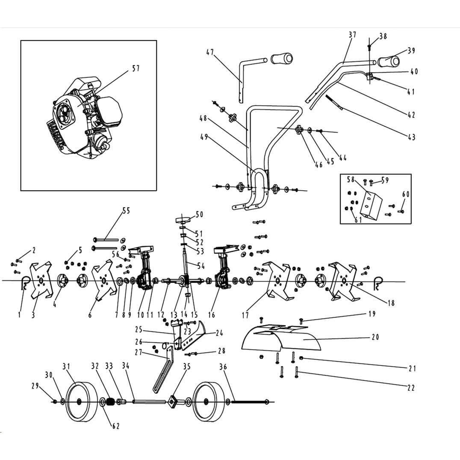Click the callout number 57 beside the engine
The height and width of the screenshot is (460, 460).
click(x=136, y=68)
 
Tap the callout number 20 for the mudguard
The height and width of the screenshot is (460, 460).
click(x=375, y=337)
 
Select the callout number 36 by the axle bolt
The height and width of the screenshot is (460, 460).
click(x=223, y=367)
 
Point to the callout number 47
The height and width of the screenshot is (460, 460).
click(x=210, y=53)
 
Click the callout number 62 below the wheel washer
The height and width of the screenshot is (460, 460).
click(x=116, y=426)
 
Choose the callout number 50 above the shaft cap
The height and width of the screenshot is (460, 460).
click(x=199, y=215)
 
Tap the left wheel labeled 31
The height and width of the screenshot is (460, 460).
click(x=80, y=402)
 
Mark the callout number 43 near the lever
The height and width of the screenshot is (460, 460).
click(x=411, y=137)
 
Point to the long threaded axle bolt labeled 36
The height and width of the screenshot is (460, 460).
click(x=248, y=402)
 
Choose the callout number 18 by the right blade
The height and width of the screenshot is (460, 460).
click(x=391, y=303)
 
